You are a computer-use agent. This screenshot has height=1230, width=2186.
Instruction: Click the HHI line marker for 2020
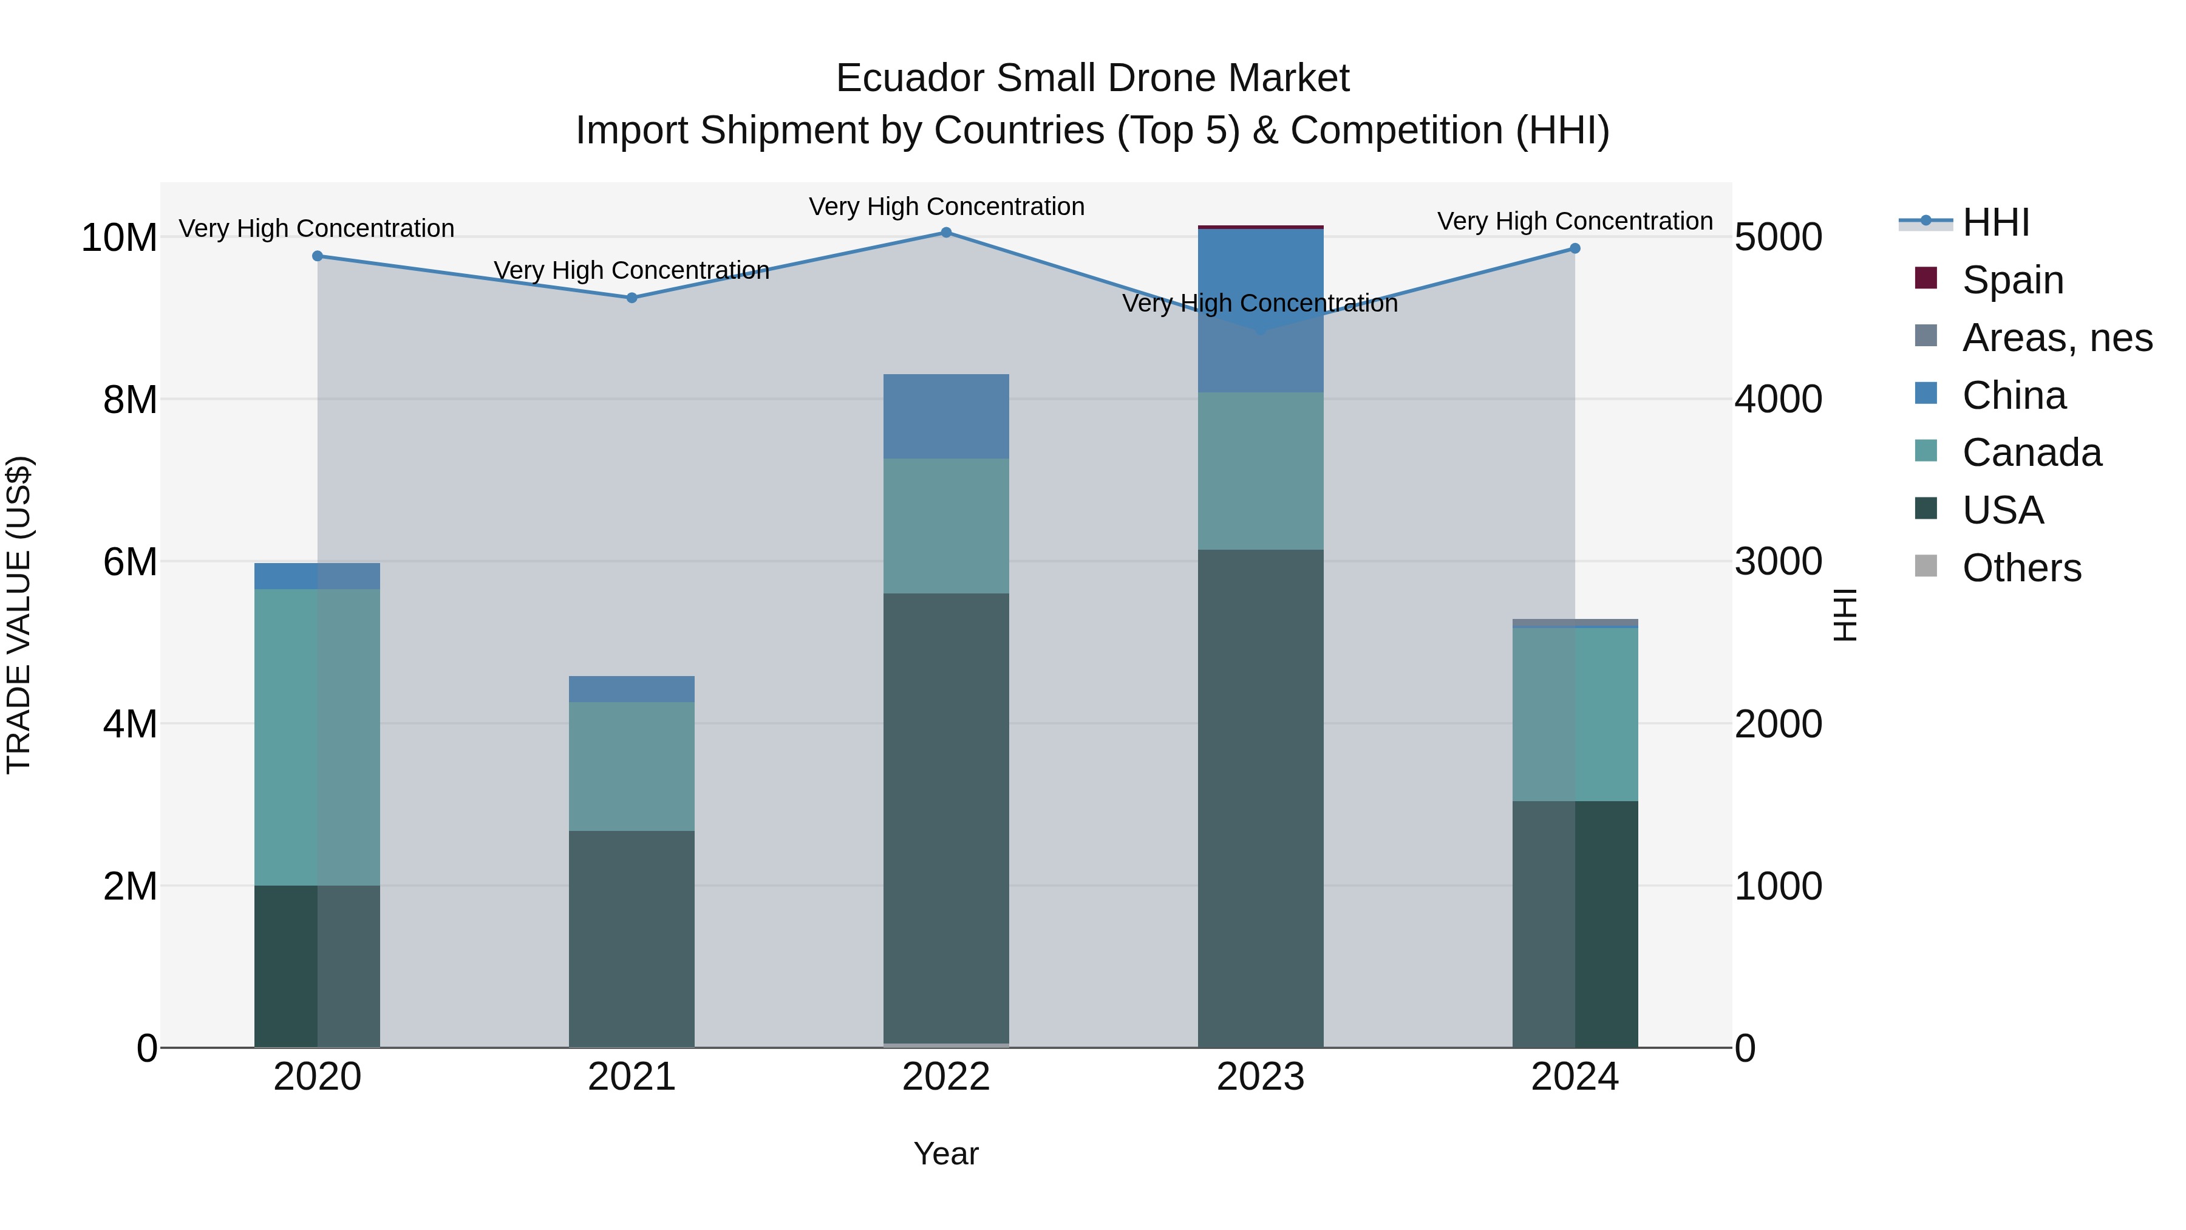pos(318,256)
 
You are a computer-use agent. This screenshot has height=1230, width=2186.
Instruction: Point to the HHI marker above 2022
pos(946,233)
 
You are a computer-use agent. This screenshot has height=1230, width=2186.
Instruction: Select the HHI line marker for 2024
pos(1575,248)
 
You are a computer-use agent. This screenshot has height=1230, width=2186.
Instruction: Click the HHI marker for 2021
pos(632,298)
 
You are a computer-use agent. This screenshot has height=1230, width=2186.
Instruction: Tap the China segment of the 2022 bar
pos(946,416)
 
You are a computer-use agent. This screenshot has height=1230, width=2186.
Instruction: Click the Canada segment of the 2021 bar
pos(632,766)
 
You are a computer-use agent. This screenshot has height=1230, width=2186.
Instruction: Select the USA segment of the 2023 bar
pos(1260,798)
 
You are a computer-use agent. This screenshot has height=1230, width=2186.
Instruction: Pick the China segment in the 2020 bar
pos(318,576)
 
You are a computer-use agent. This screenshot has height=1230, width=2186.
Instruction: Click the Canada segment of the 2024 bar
pos(1575,714)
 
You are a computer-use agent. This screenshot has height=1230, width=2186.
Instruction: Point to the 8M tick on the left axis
pos(129,400)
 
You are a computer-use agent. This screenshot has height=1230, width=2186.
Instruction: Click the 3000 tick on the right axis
pos(1778,562)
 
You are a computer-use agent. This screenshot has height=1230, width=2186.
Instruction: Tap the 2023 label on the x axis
pos(1260,1077)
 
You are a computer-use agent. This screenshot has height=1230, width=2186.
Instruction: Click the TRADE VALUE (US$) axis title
pos(19,615)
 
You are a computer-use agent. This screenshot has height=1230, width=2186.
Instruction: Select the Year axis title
pos(945,1153)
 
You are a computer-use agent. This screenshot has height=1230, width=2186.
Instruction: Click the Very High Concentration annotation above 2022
pos(946,207)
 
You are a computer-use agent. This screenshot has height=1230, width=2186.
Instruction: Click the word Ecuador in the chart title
pos(910,78)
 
